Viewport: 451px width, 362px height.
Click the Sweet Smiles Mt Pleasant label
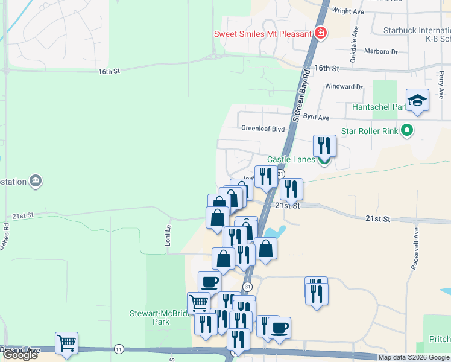pyautogui.click(x=262, y=34)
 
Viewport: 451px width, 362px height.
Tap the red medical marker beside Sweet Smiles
pyautogui.click(x=321, y=33)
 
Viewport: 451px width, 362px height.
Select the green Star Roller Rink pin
pyautogui.click(x=407, y=130)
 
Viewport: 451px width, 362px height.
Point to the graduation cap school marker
pyautogui.click(x=417, y=101)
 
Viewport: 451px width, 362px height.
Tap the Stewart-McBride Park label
pyautogui.click(x=156, y=317)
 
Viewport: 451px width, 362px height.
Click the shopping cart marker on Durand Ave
pyautogui.click(x=66, y=344)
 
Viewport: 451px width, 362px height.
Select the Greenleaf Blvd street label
pyautogui.click(x=262, y=129)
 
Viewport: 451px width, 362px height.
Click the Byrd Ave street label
pyautogui.click(x=316, y=118)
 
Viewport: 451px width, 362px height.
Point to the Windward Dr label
pyautogui.click(x=344, y=87)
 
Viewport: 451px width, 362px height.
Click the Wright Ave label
pyautogui.click(x=349, y=11)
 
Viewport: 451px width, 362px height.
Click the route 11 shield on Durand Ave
pyautogui.click(x=119, y=349)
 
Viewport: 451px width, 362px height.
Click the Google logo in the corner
pyautogui.click(x=20, y=355)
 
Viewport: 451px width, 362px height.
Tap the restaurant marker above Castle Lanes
pyautogui.click(x=324, y=145)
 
